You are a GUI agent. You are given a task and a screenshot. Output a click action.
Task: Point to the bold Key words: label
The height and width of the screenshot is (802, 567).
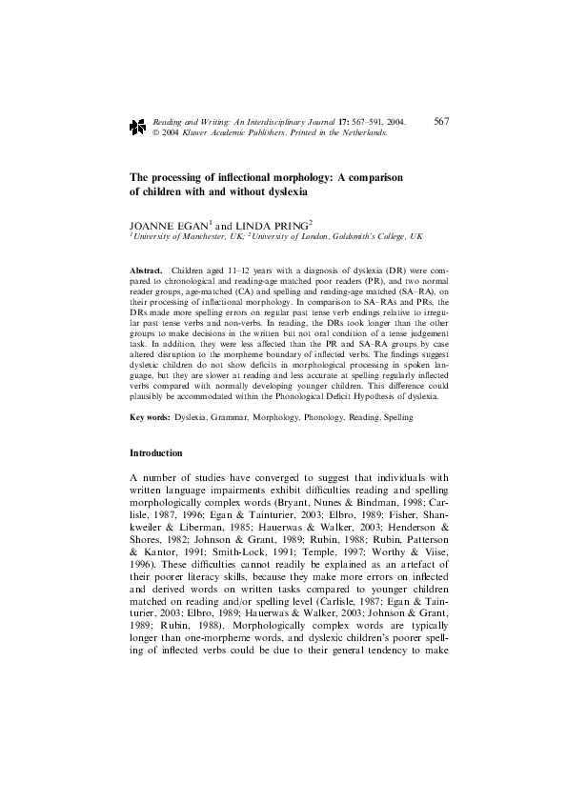[x=152, y=418]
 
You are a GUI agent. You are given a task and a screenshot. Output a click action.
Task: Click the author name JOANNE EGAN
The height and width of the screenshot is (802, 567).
[x=163, y=225]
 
